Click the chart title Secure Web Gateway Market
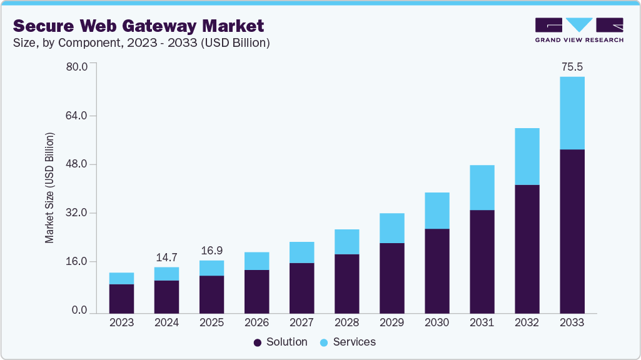click(138, 26)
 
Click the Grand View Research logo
click(579, 29)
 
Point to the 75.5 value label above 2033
click(572, 67)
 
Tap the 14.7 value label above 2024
click(166, 257)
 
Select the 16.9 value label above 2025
click(211, 250)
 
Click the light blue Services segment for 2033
click(572, 113)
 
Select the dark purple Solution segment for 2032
click(527, 249)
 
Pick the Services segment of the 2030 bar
click(437, 211)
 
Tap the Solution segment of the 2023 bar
click(121, 299)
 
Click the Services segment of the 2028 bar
click(346, 242)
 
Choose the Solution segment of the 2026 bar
click(256, 291)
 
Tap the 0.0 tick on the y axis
click(79, 310)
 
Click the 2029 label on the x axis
click(391, 323)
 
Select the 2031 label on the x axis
click(482, 323)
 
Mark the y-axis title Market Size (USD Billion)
click(49, 187)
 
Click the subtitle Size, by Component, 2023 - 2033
click(141, 43)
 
